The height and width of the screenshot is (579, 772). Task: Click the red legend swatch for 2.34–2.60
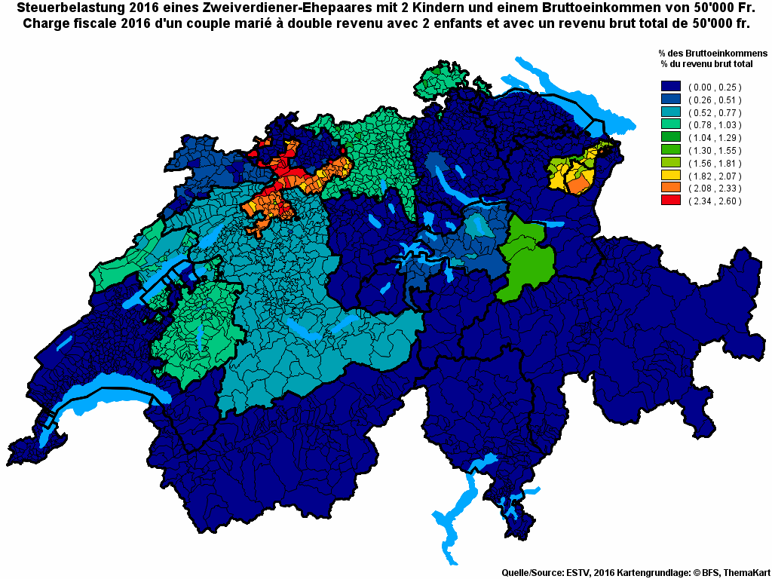[x=670, y=201]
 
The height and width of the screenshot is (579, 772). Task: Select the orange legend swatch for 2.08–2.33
[x=670, y=188]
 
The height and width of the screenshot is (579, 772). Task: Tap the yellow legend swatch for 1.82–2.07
[x=670, y=175]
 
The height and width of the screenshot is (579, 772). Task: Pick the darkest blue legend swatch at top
[x=670, y=87]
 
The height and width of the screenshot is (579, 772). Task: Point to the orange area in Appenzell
[x=579, y=184]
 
